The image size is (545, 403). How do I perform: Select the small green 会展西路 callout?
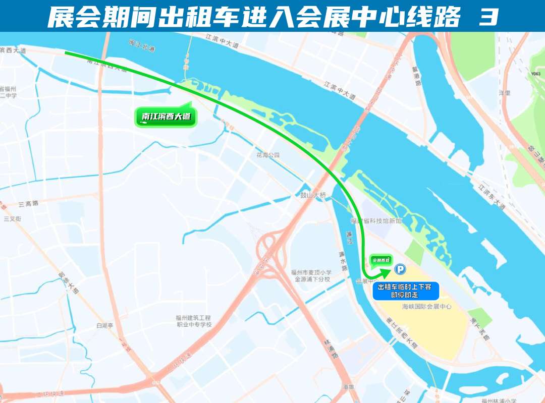[381, 260]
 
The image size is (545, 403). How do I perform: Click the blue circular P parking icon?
[400, 270]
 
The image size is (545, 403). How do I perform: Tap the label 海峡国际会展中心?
[426, 306]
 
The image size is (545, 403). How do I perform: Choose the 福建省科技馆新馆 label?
[376, 221]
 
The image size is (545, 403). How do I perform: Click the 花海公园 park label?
[267, 155]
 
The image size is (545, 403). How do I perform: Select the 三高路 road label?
[28, 204]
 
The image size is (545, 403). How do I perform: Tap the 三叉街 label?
[12, 219]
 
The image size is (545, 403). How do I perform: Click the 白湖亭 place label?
[105, 326]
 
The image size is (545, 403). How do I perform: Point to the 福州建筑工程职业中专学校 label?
[193, 321]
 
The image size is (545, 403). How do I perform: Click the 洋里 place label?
[505, 93]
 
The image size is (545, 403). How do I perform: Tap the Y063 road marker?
[535, 74]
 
